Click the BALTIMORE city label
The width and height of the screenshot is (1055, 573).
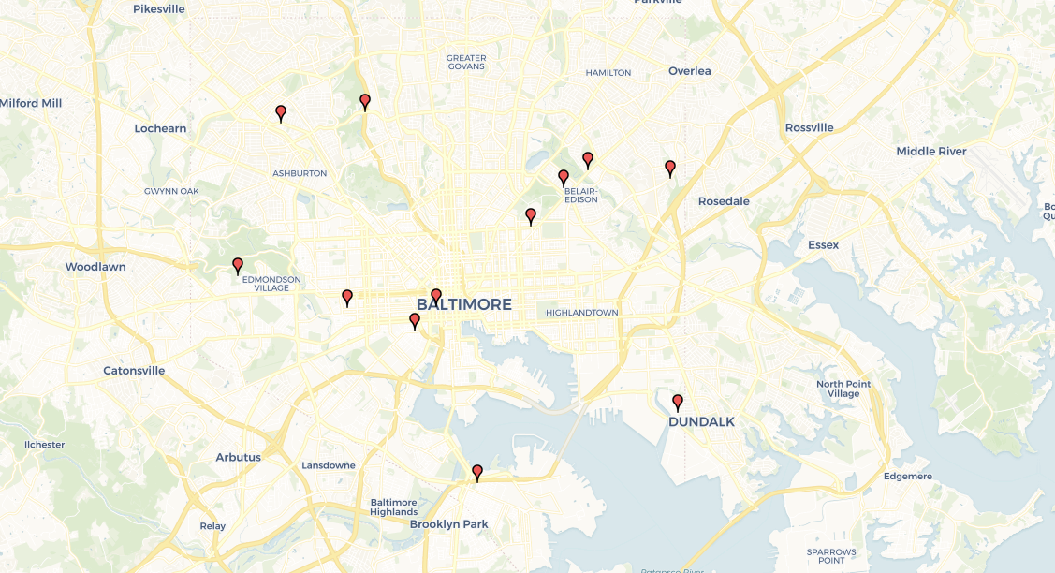tap(464, 304)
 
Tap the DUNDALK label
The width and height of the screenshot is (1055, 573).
tap(701, 421)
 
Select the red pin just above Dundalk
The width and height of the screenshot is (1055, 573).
tap(678, 403)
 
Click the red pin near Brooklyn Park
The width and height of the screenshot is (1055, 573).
tap(477, 472)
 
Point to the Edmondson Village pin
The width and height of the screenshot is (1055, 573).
tap(238, 265)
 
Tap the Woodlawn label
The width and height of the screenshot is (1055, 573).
tap(95, 267)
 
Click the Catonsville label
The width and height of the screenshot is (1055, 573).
tap(134, 371)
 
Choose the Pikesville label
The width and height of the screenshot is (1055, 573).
tap(159, 9)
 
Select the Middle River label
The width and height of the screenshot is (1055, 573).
tap(931, 152)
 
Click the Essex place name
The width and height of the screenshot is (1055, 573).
tap(824, 245)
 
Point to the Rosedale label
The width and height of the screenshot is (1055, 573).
tap(724, 201)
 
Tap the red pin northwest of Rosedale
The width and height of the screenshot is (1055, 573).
tap(670, 168)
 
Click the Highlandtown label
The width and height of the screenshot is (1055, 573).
tap(582, 313)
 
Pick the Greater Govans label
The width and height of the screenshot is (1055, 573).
tap(466, 63)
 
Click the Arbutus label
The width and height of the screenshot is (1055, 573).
tap(239, 457)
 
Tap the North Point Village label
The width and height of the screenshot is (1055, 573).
tap(843, 389)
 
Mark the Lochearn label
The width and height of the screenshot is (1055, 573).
tap(160, 128)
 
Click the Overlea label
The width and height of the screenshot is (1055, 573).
tap(690, 71)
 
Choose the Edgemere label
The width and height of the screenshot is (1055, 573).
tap(908, 477)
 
